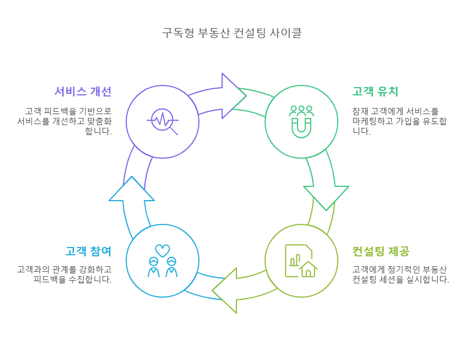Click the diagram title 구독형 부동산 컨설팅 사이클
(231, 33)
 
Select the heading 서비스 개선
(83, 92)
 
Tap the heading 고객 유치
(375, 92)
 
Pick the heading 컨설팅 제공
(381, 252)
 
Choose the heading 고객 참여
(88, 252)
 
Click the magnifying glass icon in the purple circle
(163, 121)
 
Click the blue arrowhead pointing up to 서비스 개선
(132, 190)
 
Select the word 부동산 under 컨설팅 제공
(431, 269)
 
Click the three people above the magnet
(301, 109)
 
